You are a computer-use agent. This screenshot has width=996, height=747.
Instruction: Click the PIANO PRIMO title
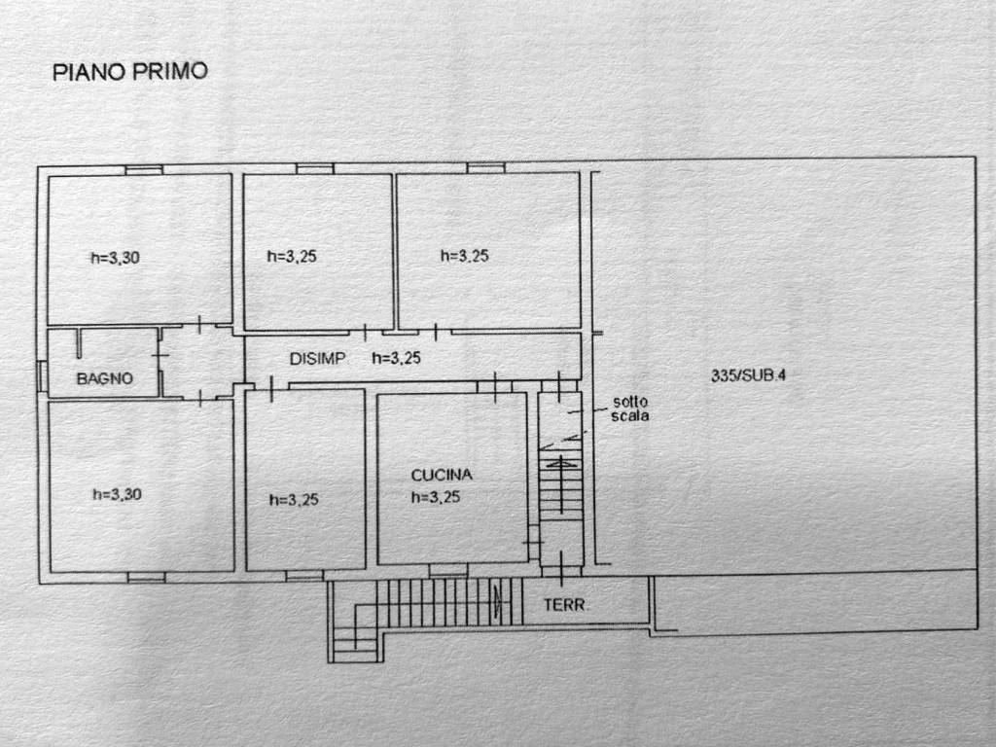[130, 71]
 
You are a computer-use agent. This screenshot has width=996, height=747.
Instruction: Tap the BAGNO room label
[105, 378]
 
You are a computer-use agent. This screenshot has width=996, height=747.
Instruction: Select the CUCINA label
[442, 475]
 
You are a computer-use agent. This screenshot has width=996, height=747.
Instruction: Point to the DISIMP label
[318, 359]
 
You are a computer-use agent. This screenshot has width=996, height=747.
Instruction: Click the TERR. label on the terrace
[566, 605]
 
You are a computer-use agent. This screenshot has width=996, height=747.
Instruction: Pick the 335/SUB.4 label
[748, 375]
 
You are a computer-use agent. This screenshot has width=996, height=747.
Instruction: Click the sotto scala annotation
[630, 409]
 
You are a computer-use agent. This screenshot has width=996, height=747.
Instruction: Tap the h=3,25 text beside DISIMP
[397, 358]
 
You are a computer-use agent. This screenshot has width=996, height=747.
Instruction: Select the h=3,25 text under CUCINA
[436, 497]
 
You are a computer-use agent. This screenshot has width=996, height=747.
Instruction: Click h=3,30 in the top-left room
[115, 258]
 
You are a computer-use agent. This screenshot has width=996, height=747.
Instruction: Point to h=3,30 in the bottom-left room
[117, 494]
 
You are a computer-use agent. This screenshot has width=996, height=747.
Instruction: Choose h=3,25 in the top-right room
[465, 256]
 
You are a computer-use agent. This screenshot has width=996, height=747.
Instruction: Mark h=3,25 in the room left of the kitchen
[294, 500]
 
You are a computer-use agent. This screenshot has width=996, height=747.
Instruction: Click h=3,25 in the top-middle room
[292, 257]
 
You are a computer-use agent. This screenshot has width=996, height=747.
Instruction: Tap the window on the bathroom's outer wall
[42, 376]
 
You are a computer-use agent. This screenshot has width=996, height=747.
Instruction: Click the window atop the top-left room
[144, 170]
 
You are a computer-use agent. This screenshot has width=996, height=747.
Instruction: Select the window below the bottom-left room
[147, 578]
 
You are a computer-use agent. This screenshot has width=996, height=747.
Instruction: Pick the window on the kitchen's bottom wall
[448, 571]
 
